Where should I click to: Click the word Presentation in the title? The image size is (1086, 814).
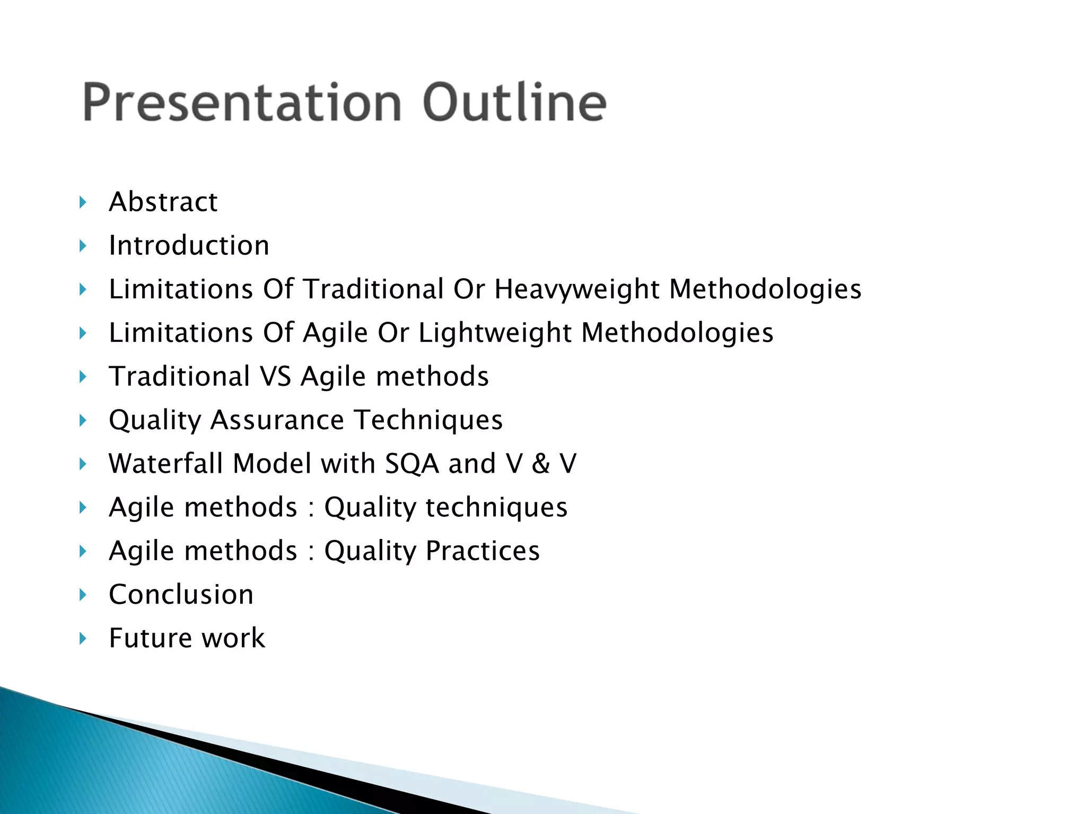tap(242, 102)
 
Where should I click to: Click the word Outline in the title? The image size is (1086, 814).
tap(514, 102)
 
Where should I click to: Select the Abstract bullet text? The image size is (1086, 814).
tap(163, 202)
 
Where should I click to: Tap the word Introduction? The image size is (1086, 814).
tap(189, 245)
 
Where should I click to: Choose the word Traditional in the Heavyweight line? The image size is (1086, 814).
tap(373, 289)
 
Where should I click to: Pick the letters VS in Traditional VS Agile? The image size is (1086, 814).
tap(276, 376)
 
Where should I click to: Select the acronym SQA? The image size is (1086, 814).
tap(412, 464)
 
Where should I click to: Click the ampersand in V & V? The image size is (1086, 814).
tap(541, 464)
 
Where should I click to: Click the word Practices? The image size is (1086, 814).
tap(483, 551)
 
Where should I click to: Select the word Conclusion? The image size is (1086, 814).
tap(181, 594)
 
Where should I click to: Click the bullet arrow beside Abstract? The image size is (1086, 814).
tap(83, 202)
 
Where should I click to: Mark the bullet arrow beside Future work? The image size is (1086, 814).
tap(83, 638)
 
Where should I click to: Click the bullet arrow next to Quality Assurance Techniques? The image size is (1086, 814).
tap(83, 420)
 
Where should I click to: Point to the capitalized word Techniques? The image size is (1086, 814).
tap(428, 420)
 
